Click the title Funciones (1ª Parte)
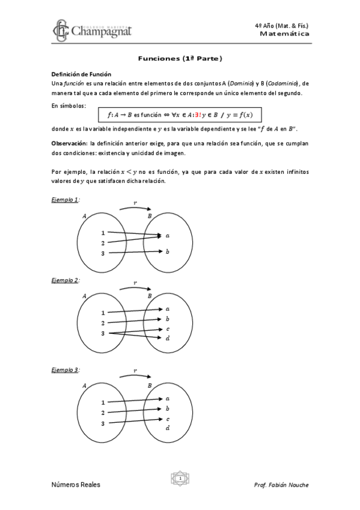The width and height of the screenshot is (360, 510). (x=180, y=59)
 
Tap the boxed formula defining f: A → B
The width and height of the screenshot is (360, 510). (x=180, y=114)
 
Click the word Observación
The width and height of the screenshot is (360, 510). (x=69, y=143)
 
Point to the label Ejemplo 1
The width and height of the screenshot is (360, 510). (x=66, y=199)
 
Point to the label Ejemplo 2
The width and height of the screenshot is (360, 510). (x=66, y=280)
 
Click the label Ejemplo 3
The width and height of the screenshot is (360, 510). (x=66, y=370)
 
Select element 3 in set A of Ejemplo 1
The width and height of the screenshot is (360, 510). (x=103, y=254)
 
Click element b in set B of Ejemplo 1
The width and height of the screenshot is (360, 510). (x=167, y=251)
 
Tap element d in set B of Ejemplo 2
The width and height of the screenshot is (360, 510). (x=167, y=339)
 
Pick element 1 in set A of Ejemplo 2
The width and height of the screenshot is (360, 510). (x=103, y=313)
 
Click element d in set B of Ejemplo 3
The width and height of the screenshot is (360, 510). (x=167, y=428)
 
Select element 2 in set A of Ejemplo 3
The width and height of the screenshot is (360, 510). (x=103, y=413)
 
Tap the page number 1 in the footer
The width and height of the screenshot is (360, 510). (x=180, y=479)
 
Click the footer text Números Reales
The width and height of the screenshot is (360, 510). (x=76, y=485)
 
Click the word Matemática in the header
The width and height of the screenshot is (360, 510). (x=285, y=34)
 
